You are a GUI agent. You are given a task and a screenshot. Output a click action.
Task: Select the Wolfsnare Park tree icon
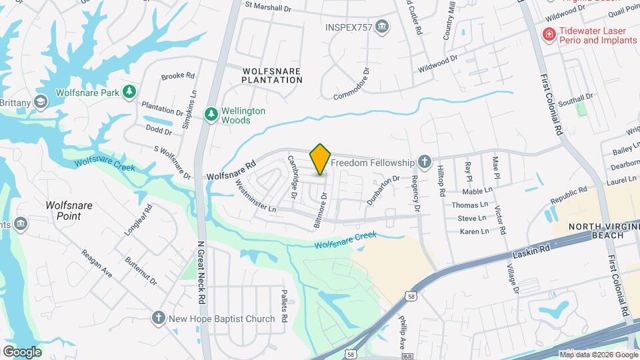click(130, 92)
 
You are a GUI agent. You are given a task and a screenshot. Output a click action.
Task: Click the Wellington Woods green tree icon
click(211, 115)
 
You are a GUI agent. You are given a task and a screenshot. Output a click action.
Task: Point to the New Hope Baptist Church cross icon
click(159, 318)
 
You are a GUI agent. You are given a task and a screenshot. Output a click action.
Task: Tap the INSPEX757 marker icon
click(382, 27)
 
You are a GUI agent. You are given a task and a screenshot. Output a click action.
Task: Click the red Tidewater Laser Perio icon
click(549, 35)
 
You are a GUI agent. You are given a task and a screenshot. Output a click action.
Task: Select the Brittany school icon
click(41, 101)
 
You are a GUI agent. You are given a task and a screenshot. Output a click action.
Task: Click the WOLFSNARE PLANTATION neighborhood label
click(272, 75)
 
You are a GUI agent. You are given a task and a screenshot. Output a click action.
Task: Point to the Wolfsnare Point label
click(69, 211)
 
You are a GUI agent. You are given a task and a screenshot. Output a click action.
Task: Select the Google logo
click(22, 351)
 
